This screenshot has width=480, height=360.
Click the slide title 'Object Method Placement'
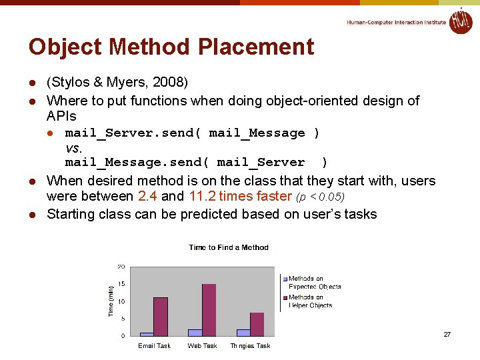(171, 47)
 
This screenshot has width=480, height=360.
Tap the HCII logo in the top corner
(460, 21)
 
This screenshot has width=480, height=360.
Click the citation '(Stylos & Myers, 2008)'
(117, 82)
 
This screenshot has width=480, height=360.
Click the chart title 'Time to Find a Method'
(229, 247)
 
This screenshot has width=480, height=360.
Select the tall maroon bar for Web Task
(209, 309)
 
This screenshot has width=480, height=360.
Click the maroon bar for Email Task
(161, 316)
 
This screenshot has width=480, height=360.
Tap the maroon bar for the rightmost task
(257, 324)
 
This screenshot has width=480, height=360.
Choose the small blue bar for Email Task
(147, 333)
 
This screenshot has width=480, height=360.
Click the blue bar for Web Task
(195, 332)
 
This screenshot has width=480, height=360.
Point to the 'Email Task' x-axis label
(154, 346)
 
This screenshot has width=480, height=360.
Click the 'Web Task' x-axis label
(202, 346)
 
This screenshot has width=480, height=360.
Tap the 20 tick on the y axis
(121, 267)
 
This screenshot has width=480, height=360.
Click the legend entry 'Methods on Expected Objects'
(313, 283)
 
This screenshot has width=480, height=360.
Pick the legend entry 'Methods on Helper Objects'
(311, 301)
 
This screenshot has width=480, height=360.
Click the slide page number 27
(447, 335)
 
